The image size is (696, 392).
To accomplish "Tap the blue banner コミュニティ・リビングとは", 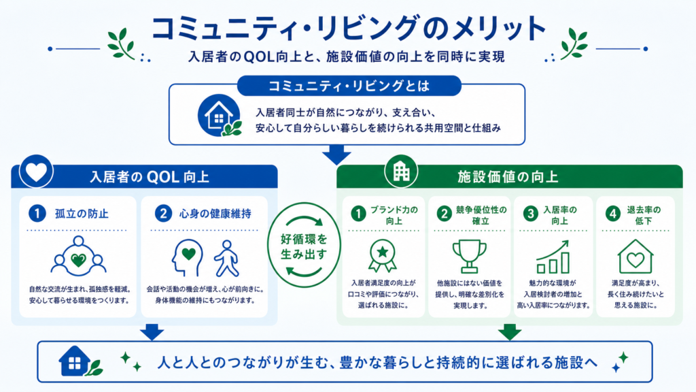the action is [x=349, y=86].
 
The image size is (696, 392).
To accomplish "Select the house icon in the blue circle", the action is [x=220, y=115].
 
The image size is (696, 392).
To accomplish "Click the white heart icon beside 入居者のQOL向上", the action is [x=36, y=171].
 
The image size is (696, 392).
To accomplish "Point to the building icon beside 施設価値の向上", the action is [x=401, y=171].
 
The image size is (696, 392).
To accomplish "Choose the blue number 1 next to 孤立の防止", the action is [x=37, y=213].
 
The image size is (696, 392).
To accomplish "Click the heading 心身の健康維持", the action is [x=215, y=214].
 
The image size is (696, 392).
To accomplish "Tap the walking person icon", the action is [x=227, y=259].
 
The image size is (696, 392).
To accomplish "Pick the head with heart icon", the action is [x=187, y=258].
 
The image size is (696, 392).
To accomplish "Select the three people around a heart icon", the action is [x=79, y=257].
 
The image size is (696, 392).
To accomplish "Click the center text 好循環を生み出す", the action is [x=304, y=246].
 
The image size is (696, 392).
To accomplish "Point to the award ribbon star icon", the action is [x=382, y=256].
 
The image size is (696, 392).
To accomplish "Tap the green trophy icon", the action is [x=469, y=257].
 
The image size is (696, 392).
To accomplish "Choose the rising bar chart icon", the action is [x=553, y=257].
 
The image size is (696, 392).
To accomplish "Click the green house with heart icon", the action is [x=636, y=257].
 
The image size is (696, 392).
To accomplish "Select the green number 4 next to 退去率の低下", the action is [x=613, y=214].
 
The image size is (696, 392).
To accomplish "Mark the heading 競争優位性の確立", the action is [x=481, y=215].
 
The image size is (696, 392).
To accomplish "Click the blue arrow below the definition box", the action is [x=336, y=155].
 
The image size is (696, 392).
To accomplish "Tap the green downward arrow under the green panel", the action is [x=510, y=332].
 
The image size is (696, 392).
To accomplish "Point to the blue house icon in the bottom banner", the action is [x=75, y=361].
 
